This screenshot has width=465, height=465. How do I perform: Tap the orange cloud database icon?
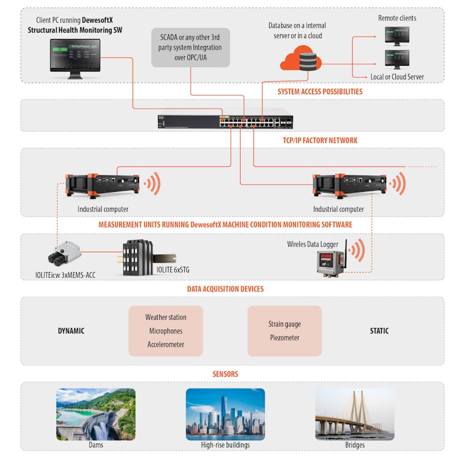[300, 59]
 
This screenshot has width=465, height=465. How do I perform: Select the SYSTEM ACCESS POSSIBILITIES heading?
[320, 91]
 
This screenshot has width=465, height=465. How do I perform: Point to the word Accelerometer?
[166, 345]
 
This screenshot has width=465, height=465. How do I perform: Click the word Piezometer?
[284, 338]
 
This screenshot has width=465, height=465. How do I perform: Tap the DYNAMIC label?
[71, 331]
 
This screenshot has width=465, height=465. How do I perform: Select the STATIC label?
[379, 331]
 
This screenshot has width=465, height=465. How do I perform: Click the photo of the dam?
[96, 414]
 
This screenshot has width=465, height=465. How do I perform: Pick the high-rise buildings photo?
[225, 414]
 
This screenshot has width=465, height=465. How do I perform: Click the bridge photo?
[355, 414]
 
